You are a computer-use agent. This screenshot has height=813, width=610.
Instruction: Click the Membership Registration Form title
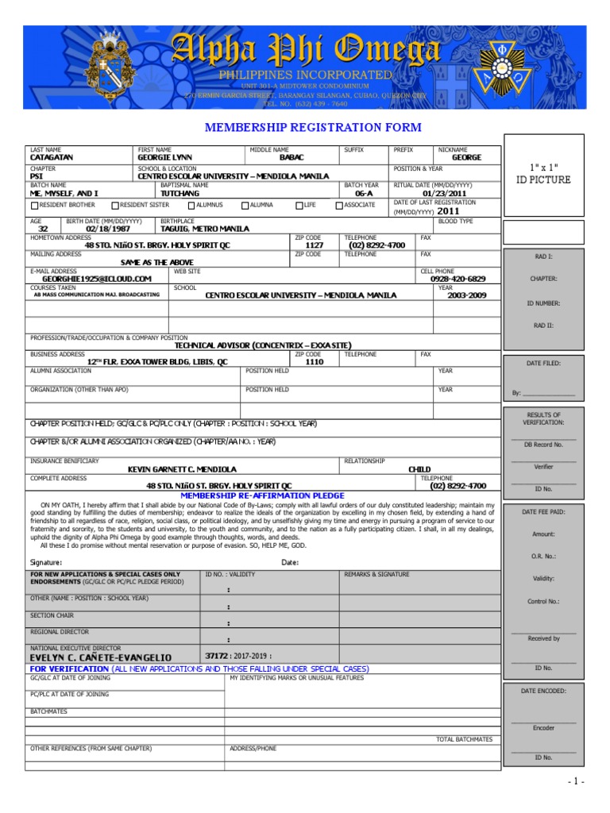(313, 128)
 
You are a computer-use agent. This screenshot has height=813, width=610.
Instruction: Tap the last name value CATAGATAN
(52, 158)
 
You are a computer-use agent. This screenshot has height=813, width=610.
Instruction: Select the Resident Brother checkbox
(34, 206)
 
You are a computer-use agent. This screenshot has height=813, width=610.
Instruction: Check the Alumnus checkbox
(191, 206)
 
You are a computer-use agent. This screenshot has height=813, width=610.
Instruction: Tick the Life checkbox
(299, 206)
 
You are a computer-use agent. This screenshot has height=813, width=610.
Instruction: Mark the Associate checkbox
(339, 206)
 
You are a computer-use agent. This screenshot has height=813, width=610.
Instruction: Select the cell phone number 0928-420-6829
(458, 279)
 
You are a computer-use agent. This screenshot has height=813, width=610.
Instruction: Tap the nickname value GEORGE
(467, 158)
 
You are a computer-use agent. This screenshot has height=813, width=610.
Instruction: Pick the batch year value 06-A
(364, 194)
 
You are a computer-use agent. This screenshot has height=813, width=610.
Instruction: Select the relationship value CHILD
(419, 469)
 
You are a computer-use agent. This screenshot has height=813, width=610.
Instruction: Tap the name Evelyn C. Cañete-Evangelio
(100, 657)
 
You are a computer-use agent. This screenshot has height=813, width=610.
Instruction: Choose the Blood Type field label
(455, 222)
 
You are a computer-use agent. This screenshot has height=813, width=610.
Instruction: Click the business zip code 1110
(314, 362)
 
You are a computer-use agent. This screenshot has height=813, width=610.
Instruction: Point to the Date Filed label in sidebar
(543, 363)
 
